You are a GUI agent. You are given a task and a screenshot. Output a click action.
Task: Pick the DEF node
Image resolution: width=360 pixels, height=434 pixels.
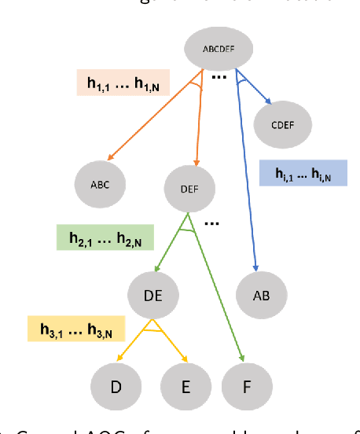pyautogui.click(x=189, y=189)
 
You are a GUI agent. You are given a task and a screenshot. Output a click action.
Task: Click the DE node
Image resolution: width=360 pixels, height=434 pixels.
pyautogui.click(x=154, y=295)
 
